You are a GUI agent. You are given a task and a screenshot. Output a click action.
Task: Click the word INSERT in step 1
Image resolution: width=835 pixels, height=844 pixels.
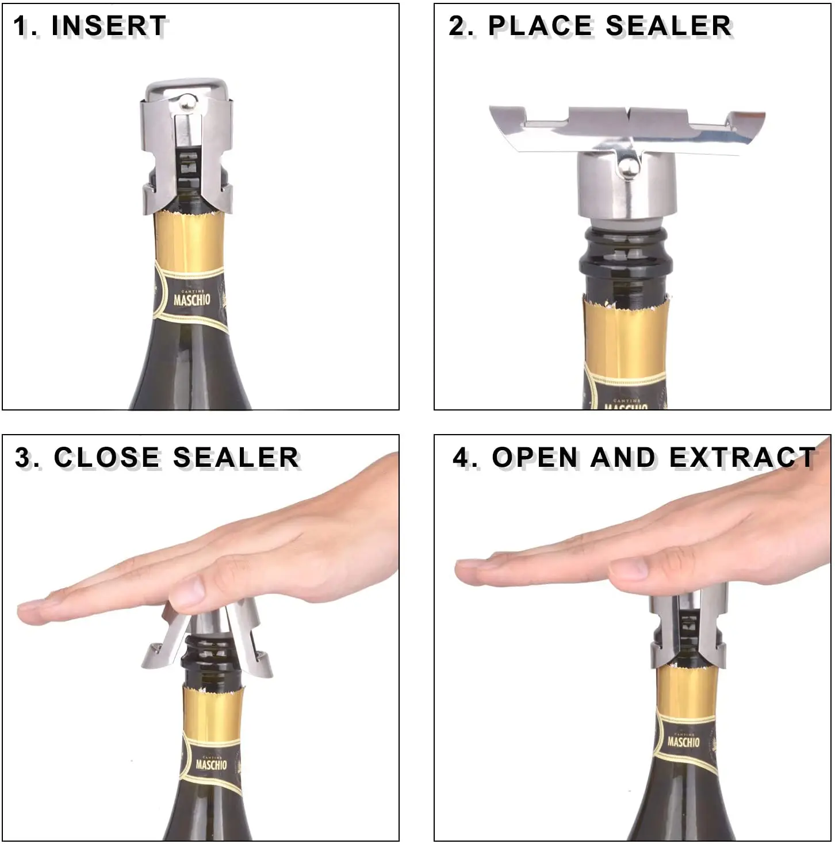[x=109, y=26]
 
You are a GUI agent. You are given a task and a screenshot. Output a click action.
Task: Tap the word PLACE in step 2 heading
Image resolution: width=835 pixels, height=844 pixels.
[x=540, y=26]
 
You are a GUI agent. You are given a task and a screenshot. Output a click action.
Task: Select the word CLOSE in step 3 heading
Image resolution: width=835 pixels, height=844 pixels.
[x=106, y=458]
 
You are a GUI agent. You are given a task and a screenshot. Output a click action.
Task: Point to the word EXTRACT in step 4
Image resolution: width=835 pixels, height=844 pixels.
[x=742, y=458]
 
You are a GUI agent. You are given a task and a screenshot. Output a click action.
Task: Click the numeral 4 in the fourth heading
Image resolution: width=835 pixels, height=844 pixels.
[x=461, y=458]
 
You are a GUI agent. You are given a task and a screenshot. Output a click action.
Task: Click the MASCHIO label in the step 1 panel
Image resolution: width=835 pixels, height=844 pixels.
[x=191, y=299]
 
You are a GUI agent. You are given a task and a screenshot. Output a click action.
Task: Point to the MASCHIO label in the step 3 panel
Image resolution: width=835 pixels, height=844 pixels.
[x=211, y=764]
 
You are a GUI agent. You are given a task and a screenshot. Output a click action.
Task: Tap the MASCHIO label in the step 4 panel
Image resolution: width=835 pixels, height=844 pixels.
[x=683, y=741]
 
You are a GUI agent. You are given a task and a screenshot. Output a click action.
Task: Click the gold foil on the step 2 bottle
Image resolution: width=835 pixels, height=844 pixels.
[x=626, y=339]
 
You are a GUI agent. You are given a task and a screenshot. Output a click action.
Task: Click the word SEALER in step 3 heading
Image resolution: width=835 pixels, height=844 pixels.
[x=236, y=458]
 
